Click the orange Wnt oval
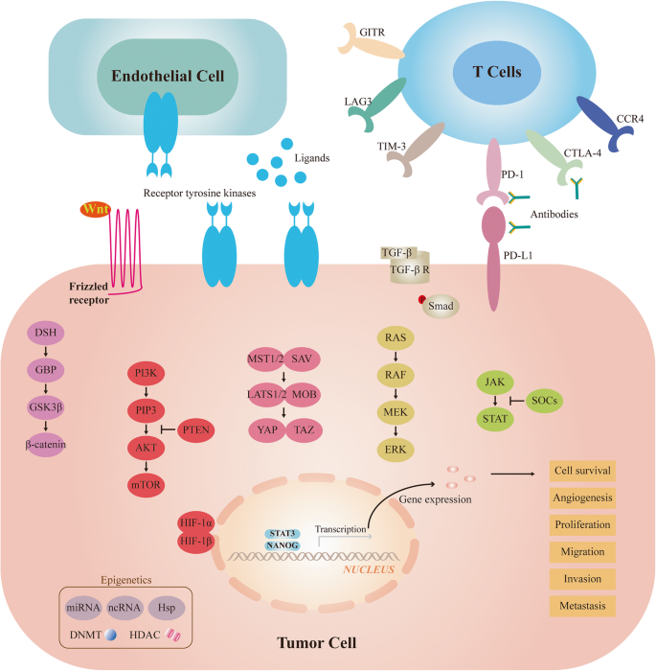click(x=95, y=210)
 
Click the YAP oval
click(x=269, y=428)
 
